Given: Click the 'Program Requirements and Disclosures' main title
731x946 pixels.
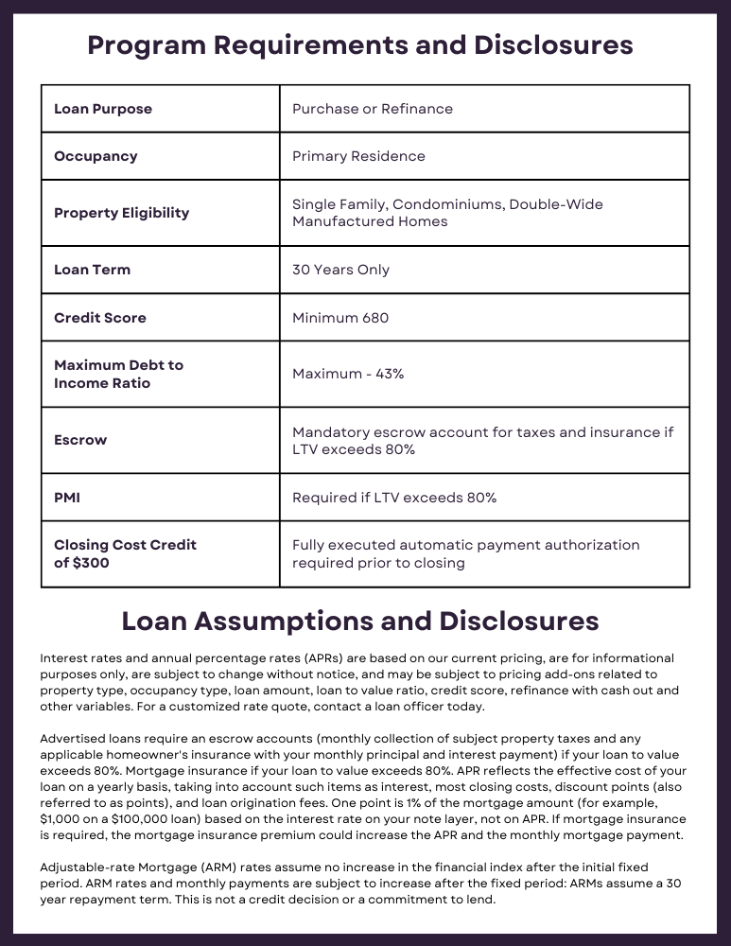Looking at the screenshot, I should click(360, 44).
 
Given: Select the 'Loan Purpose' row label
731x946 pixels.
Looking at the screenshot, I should click(103, 109).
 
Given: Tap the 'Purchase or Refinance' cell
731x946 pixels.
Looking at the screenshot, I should click(373, 109).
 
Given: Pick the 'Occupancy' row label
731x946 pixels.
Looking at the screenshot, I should click(96, 156).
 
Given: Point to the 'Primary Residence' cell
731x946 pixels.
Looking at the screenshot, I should click(358, 156).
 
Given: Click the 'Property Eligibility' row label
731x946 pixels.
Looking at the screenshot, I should click(121, 213).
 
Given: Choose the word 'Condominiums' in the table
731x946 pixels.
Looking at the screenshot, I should click(446, 204).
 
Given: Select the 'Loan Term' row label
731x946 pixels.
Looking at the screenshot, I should click(92, 270).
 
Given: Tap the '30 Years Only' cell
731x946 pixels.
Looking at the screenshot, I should click(340, 270).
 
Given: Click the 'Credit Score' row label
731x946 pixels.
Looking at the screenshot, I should click(100, 318).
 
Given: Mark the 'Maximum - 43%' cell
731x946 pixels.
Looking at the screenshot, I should click(348, 374).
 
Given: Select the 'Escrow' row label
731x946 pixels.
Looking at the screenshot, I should click(80, 440).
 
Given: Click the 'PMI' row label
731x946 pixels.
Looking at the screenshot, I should click(67, 498).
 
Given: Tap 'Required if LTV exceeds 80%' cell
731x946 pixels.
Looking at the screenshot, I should click(394, 498).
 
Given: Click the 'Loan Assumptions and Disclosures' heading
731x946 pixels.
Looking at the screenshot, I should click(360, 621).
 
